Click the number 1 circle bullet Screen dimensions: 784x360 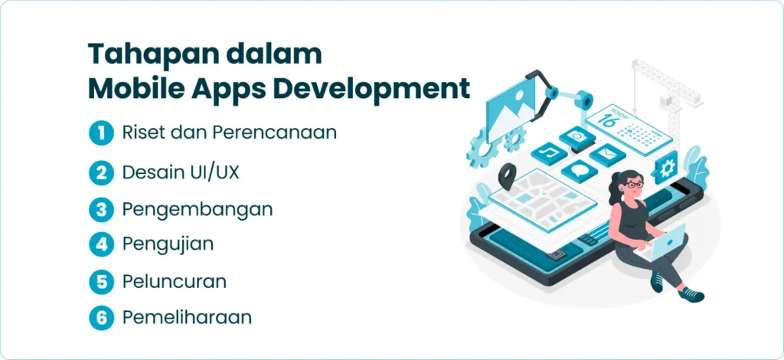pos(102,133)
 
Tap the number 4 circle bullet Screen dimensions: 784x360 pos(102,245)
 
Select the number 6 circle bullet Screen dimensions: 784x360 pos(102,319)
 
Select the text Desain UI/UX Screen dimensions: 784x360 pos(181,172)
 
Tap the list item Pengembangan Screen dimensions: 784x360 pos(198,210)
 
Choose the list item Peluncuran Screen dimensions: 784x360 pos(174,282)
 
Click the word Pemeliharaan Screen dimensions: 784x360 pos(187,318)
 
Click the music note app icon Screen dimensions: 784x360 pos(548,153)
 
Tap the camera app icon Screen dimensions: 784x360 pos(577,137)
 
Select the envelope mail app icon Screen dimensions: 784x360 pos(607,155)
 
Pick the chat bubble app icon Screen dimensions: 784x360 pos(579,172)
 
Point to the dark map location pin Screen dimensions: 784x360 pos(507,176)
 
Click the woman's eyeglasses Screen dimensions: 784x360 pos(633,185)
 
